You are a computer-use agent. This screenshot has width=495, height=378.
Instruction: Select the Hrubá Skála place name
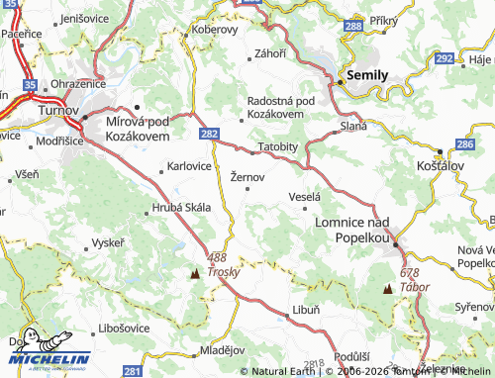(x=179, y=208)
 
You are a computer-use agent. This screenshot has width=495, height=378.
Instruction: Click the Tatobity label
(x=277, y=146)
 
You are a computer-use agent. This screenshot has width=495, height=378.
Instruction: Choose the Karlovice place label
(x=189, y=165)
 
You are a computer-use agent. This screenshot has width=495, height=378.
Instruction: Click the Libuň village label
(x=306, y=310)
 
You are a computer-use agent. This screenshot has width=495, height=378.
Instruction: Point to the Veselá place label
(x=305, y=197)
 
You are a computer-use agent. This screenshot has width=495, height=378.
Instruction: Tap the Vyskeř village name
(x=108, y=242)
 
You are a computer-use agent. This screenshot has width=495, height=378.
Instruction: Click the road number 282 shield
(x=208, y=132)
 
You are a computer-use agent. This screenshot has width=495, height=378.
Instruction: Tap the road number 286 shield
(x=464, y=144)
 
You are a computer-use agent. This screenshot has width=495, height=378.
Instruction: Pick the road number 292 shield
(x=445, y=59)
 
